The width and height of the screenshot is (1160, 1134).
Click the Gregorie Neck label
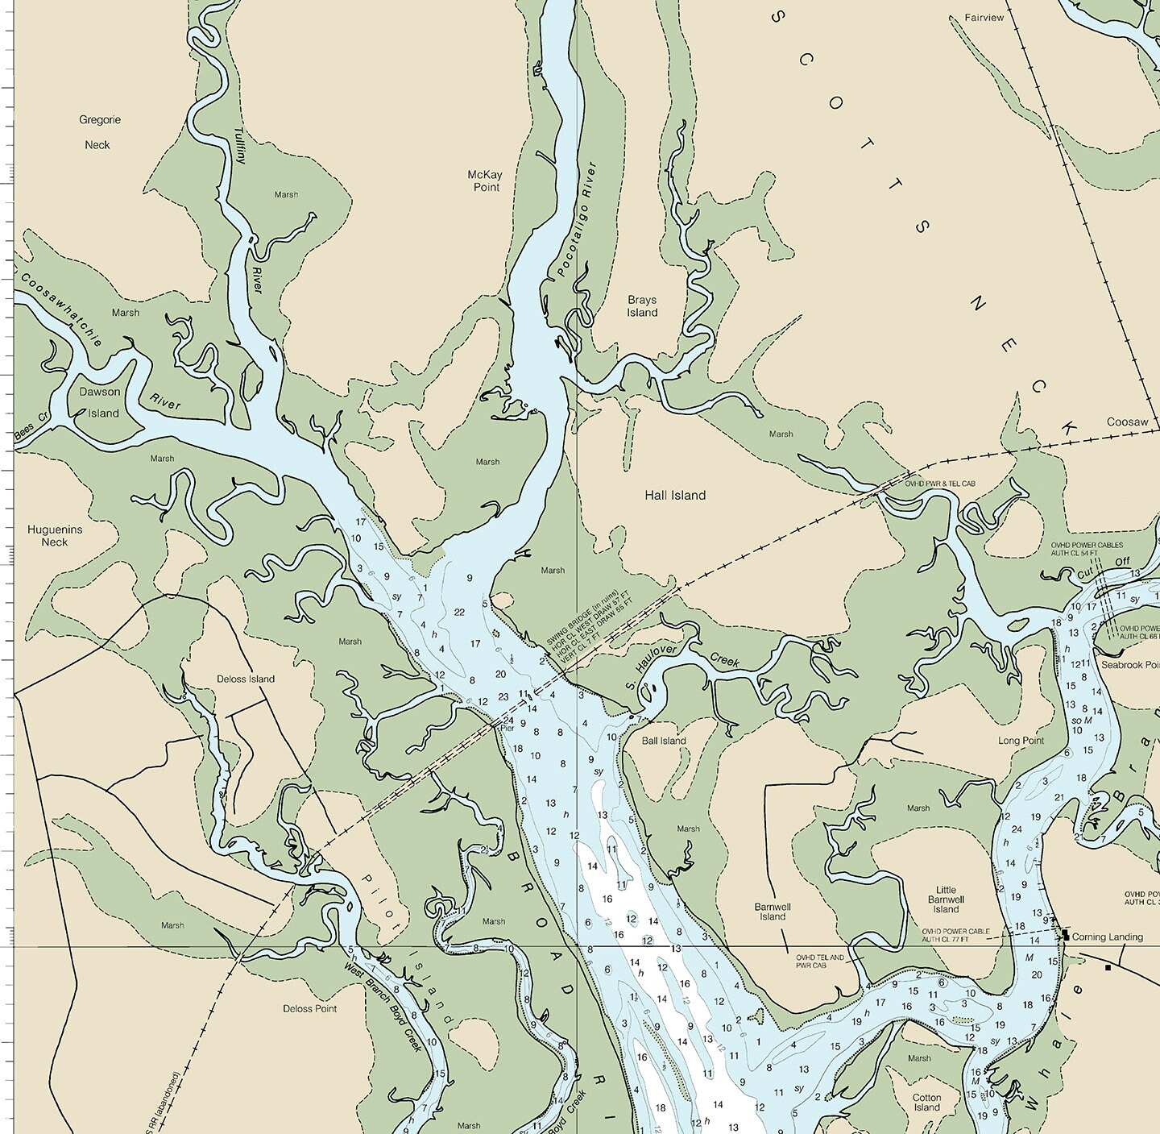(x=100, y=132)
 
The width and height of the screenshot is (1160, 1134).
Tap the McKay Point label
(x=484, y=181)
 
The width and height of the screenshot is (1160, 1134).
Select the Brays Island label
(x=642, y=306)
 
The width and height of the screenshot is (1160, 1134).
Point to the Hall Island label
(x=674, y=496)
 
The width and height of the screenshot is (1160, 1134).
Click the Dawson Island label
(x=100, y=402)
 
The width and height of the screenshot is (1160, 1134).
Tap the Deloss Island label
(x=246, y=679)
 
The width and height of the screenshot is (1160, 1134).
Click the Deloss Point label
(x=309, y=1008)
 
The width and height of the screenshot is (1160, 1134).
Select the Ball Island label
(x=664, y=741)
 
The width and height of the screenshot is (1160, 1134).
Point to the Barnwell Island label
(x=773, y=912)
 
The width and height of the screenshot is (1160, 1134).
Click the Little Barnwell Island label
(x=946, y=899)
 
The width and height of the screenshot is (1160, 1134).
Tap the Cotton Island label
(x=926, y=1103)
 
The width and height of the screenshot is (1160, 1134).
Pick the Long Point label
(x=1021, y=741)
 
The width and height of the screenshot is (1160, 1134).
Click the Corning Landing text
(x=1107, y=937)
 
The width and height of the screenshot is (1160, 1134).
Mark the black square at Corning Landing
(x=1066, y=935)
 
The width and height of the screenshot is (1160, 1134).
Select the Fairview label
(x=984, y=18)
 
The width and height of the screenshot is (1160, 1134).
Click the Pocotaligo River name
(x=576, y=219)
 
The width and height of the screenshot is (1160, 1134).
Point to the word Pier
(x=507, y=728)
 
